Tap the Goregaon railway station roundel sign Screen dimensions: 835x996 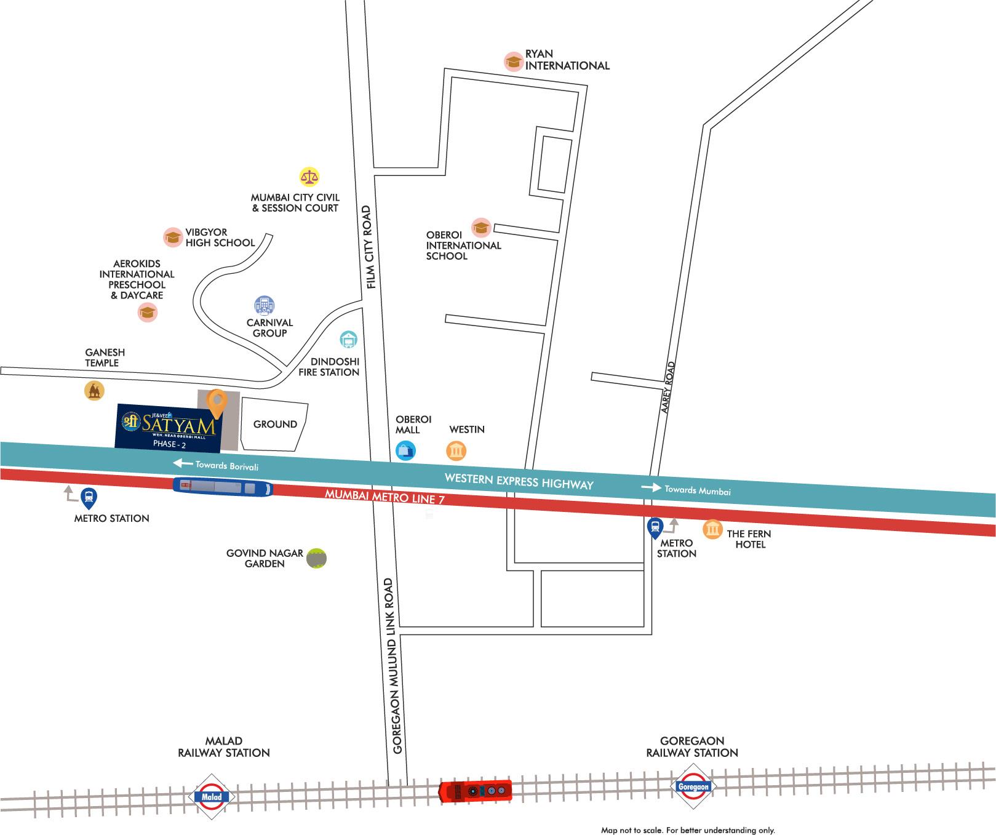coord(693,786)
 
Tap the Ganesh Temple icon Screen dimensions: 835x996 coord(94,390)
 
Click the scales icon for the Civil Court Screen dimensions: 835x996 coord(309,177)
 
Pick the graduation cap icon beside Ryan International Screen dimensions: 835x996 coord(513,61)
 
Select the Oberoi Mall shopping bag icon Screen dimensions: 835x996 coord(405,450)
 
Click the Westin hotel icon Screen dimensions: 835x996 coord(456,451)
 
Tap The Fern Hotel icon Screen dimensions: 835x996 coord(712,529)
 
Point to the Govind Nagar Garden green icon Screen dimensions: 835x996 coord(316,558)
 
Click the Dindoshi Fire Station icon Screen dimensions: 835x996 coord(349,339)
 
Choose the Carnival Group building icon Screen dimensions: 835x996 coord(265,305)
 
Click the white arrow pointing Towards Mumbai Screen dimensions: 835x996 coord(650,488)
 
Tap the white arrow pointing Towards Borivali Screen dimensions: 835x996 coord(183,463)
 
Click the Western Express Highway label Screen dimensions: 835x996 coord(519,481)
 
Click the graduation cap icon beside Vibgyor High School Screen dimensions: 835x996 coord(173,237)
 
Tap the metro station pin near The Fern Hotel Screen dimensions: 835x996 coord(655,527)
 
